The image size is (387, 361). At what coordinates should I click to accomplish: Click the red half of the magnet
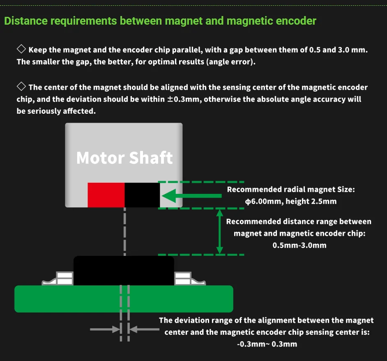(106, 195)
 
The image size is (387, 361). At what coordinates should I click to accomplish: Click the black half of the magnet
(142, 195)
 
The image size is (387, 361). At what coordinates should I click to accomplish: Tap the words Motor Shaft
(124, 158)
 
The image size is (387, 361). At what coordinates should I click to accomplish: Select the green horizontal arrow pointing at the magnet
(192, 195)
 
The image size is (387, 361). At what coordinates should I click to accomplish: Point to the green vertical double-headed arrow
(220, 232)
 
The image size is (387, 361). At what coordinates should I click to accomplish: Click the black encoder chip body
(124, 271)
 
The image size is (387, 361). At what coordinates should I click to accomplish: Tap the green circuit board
(124, 299)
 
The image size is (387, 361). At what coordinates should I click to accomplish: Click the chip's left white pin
(58, 279)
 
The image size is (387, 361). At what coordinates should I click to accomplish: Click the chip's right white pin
(190, 279)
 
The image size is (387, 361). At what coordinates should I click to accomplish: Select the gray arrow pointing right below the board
(105, 329)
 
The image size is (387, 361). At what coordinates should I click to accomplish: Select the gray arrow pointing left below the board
(144, 329)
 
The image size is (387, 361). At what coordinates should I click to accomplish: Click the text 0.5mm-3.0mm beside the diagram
(299, 245)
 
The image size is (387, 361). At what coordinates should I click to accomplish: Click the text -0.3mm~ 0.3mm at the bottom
(267, 344)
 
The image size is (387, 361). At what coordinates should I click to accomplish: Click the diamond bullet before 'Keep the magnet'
(21, 49)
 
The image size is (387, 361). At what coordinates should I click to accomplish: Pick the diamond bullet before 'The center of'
(21, 86)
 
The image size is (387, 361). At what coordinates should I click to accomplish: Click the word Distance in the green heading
(25, 21)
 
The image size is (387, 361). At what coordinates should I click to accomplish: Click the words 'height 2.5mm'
(311, 201)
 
